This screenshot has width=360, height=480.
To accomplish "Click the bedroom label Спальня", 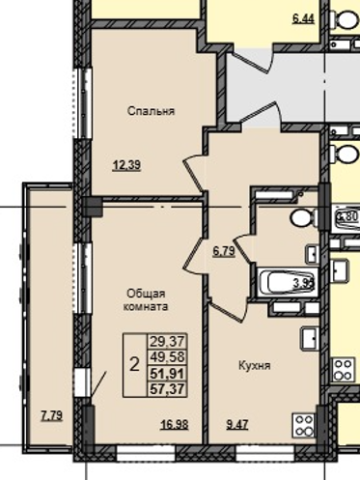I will pyautogui.click(x=151, y=111).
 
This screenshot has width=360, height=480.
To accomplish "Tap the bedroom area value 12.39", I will pyautogui.click(x=126, y=165).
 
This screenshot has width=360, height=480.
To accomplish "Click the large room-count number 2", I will pyautogui.click(x=133, y=363).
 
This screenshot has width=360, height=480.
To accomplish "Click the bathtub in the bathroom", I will pyautogui.click(x=286, y=284).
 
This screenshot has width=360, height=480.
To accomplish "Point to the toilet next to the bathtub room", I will pyautogui.click(x=300, y=216).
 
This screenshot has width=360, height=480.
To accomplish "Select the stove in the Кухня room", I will pyautogui.click(x=305, y=423).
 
